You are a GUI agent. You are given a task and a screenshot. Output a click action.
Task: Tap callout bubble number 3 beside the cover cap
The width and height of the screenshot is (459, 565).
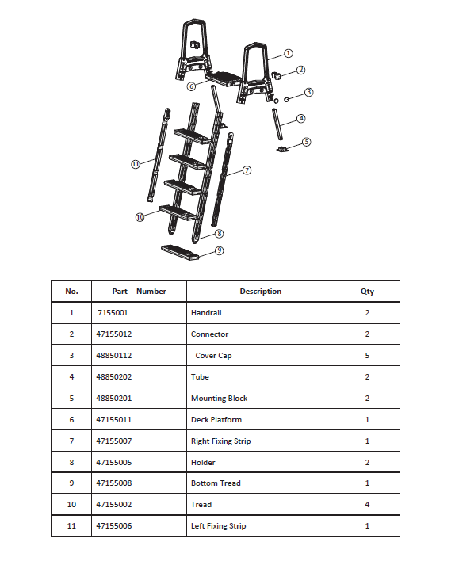pos(309,92)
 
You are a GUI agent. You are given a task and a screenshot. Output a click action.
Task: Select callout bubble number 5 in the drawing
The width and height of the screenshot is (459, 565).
pos(307,143)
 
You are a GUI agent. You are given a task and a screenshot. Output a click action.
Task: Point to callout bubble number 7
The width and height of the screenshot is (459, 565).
pos(247,170)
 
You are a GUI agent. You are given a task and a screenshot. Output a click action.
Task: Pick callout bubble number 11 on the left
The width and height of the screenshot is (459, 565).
pos(136,164)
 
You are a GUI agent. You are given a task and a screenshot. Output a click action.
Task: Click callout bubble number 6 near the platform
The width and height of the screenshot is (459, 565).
pos(191,86)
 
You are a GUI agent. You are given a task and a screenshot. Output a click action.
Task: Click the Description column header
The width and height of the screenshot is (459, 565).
pos(260,292)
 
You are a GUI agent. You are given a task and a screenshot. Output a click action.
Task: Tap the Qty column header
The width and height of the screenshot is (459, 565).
pos(367,292)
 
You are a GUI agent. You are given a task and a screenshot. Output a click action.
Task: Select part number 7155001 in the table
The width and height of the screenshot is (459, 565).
pos(112,313)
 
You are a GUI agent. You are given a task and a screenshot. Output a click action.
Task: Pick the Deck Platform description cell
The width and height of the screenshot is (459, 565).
pos(216,419)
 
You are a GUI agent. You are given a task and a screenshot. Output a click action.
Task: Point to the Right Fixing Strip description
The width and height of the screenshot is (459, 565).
pos(220,441)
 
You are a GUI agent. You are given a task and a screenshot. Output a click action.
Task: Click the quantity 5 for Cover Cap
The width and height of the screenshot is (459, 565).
pos(367,356)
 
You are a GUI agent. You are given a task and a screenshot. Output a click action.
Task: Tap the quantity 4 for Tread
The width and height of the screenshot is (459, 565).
pos(367,505)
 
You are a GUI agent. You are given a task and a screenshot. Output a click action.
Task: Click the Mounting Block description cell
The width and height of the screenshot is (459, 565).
pos(219,399)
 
